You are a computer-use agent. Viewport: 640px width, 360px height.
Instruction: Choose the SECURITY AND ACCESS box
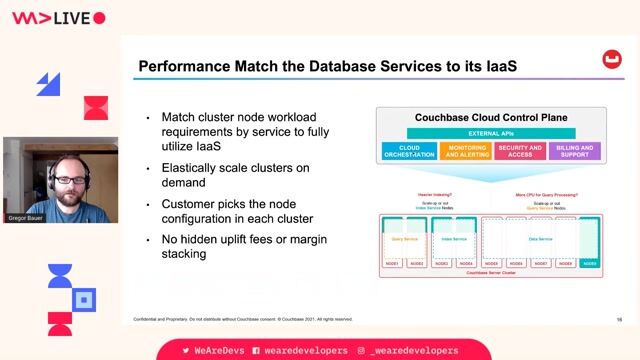coord(520,151)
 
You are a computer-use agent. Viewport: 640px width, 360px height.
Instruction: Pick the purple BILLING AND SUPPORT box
coord(575,151)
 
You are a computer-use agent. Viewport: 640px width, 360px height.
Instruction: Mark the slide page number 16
coord(620,319)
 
